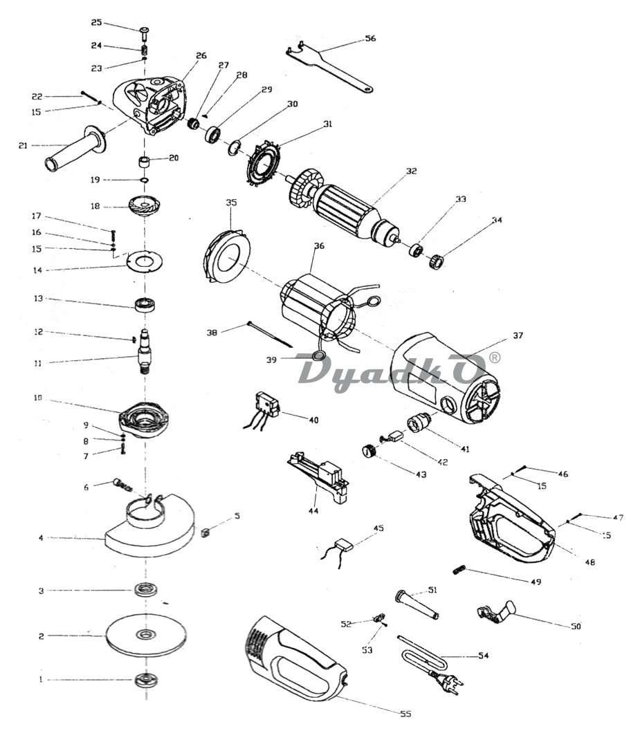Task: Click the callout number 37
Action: [x=518, y=335]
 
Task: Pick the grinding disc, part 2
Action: [x=145, y=634]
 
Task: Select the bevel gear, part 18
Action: [x=144, y=205]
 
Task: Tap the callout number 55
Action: [x=405, y=714]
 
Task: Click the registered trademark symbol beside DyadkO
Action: [x=494, y=358]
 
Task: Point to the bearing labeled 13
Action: [x=145, y=304]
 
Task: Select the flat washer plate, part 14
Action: [x=145, y=261]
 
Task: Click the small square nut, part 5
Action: [x=204, y=532]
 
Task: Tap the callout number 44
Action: [x=313, y=511]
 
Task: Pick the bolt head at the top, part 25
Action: [x=145, y=31]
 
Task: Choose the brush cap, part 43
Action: [x=370, y=451]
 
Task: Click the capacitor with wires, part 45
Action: [x=344, y=544]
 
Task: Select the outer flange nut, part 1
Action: [x=146, y=680]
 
